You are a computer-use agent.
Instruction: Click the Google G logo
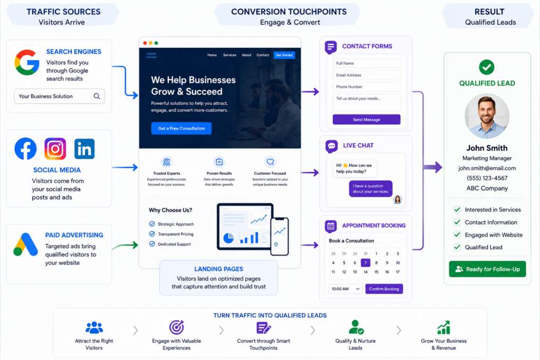27,62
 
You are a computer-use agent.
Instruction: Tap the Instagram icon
55,149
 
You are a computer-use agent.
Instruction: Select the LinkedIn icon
84,149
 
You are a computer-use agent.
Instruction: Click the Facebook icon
25,149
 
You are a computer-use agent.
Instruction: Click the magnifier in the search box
97,96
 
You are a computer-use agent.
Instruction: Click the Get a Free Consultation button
181,129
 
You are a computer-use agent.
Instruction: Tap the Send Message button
367,120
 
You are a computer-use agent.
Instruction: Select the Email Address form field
367,75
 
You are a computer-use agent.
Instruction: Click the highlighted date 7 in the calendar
365,262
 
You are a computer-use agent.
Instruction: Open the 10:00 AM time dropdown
345,289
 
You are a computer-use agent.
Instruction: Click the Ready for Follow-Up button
487,269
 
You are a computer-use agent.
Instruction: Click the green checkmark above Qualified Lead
487,67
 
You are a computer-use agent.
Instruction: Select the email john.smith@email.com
487,168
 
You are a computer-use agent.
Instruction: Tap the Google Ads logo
26,245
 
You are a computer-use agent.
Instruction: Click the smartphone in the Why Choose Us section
279,237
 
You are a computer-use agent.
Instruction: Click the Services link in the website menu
230,55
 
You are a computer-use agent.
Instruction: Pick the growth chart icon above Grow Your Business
443,327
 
